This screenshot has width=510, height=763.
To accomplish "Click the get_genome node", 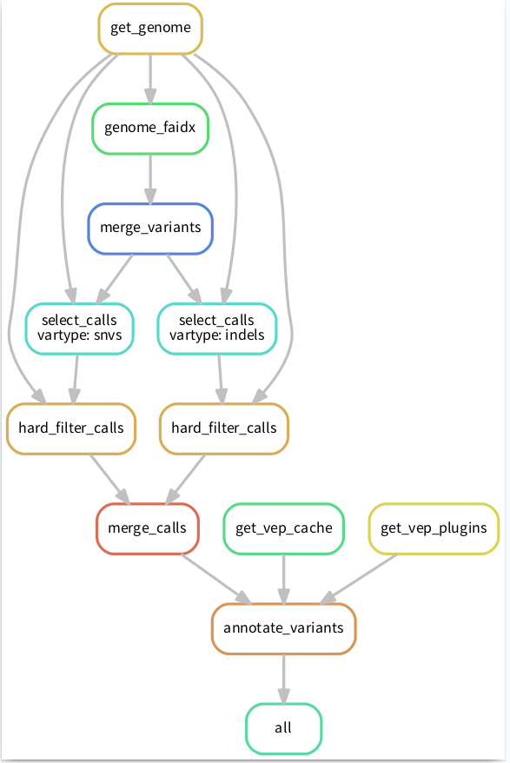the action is point(150,28).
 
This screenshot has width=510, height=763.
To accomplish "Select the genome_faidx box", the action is point(150,129).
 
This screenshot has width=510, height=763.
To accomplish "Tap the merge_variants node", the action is point(150,229).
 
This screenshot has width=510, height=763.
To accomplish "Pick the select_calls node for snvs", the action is point(79,328).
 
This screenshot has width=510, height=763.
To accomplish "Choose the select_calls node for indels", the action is point(217,328).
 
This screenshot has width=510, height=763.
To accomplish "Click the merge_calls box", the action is point(148,528).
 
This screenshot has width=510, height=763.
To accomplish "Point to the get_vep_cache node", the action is point(284,528).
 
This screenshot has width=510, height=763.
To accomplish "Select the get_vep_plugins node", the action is point(434,528).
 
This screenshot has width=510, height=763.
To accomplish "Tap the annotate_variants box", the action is point(284,628).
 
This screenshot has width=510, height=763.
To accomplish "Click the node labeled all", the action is point(284,728).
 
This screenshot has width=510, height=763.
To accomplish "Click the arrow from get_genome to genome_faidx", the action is point(150,79).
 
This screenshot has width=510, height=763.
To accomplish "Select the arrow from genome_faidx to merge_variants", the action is point(150,179).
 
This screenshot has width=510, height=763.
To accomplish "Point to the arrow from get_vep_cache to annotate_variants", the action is point(284,579).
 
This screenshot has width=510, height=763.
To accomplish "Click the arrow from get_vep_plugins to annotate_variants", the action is point(359,579).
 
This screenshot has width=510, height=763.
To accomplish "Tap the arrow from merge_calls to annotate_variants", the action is point(216,579).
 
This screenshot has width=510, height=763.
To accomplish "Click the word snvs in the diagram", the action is point(109,335).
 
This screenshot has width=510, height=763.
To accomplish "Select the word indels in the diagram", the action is point(245,335).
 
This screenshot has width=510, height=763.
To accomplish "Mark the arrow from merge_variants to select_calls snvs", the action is point(115,279).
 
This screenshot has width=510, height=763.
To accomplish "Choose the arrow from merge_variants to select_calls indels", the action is point(184,279).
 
